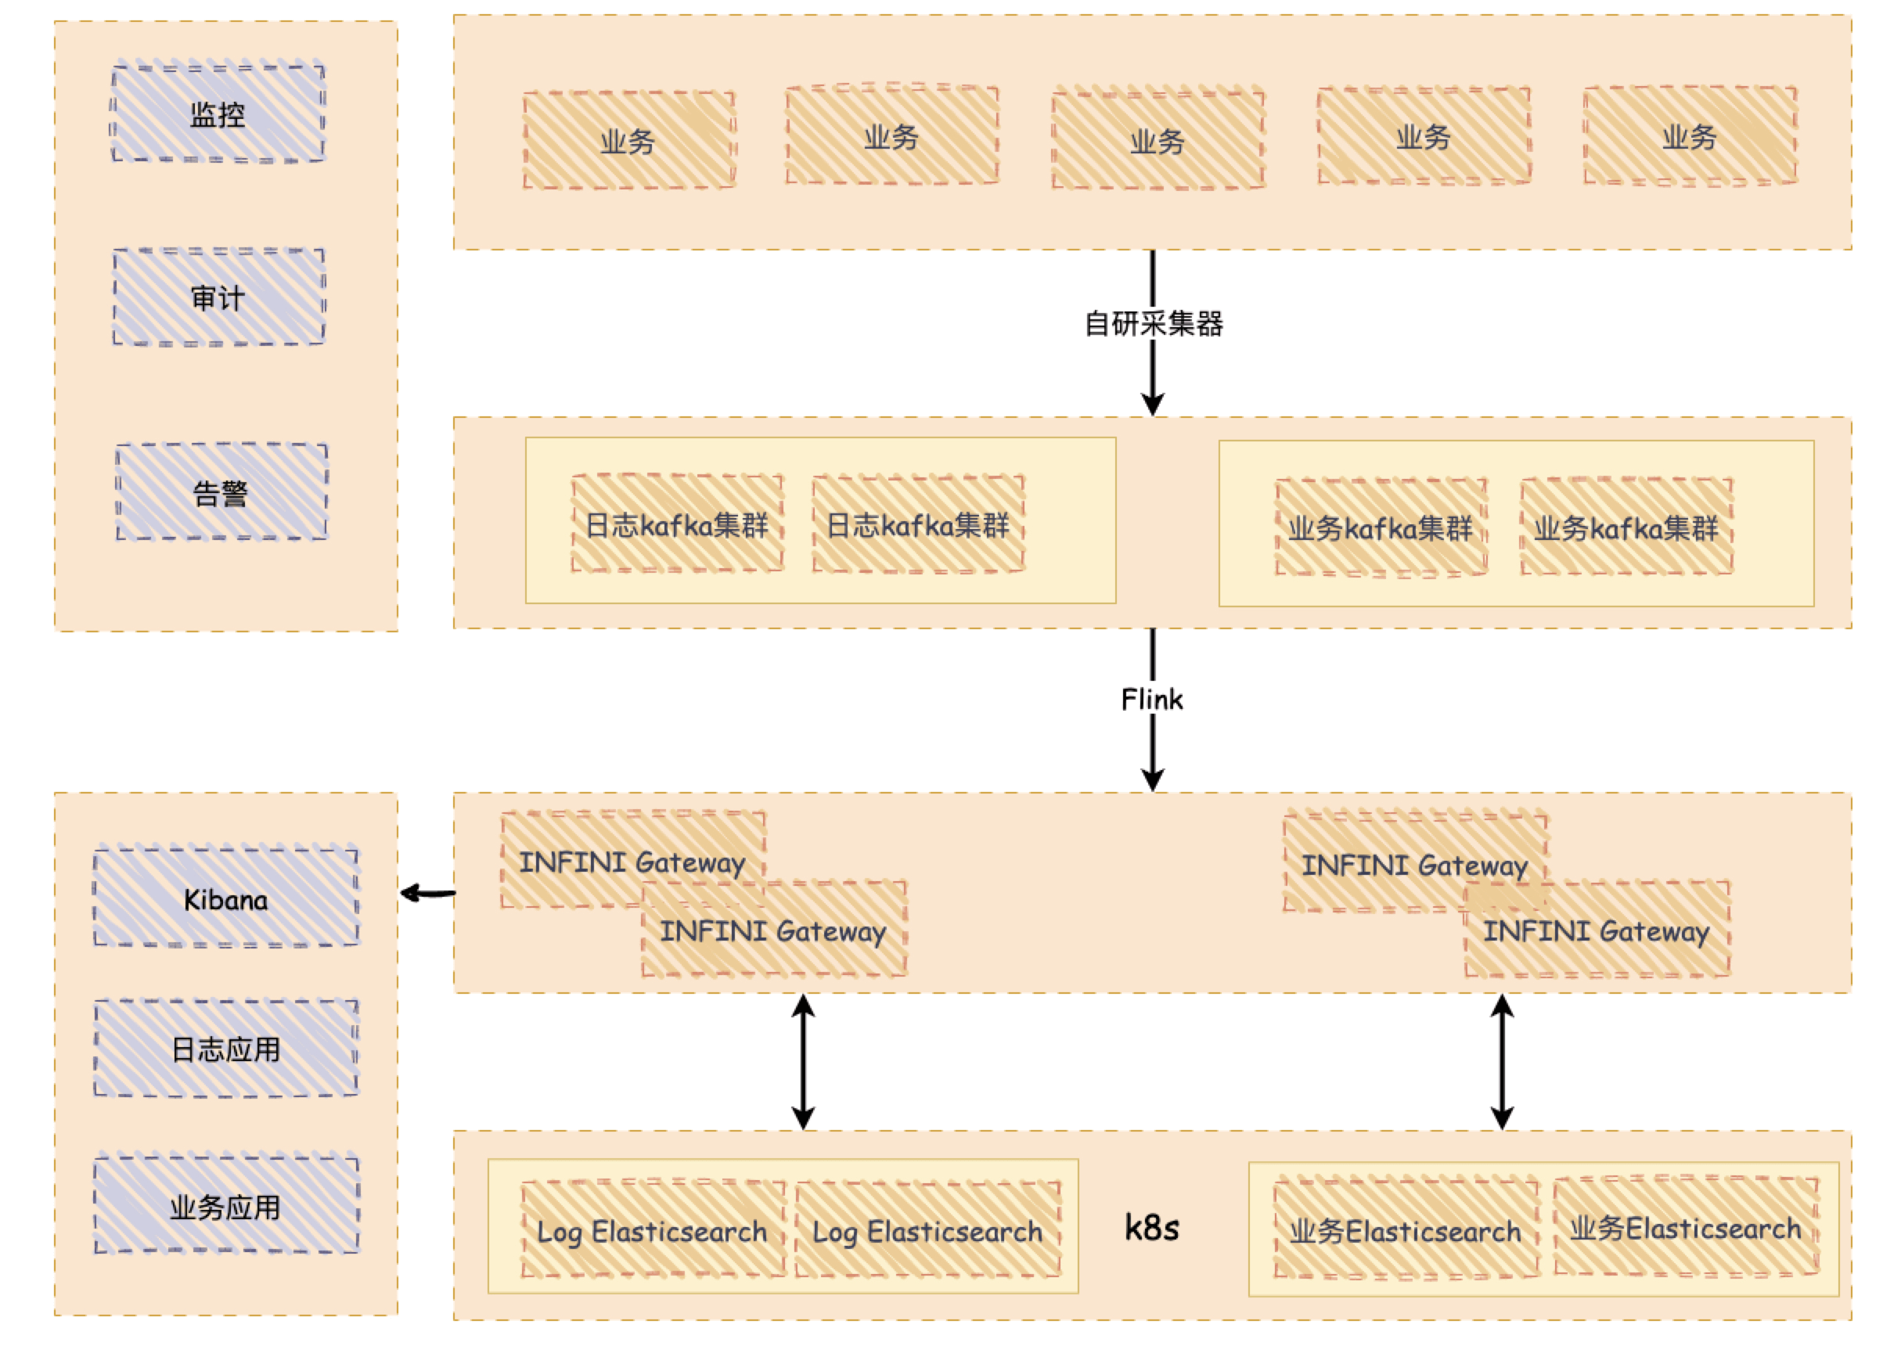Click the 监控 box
pyautogui.click(x=218, y=113)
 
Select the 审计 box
pyautogui.click(x=218, y=297)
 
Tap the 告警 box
pyautogui.click(x=221, y=492)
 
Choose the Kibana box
pyautogui.click(x=225, y=898)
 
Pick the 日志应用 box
pyautogui.click(x=225, y=1049)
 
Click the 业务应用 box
pyautogui.click(x=225, y=1207)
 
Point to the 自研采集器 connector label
pyautogui.click(x=1153, y=323)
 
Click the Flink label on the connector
pyautogui.click(x=1152, y=700)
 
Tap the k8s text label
pyautogui.click(x=1152, y=1228)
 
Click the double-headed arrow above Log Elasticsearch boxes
pyautogui.click(x=802, y=1062)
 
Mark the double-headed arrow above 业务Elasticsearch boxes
pyautogui.click(x=1502, y=1062)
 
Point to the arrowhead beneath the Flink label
pyautogui.click(x=1153, y=779)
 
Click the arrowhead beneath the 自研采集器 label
pyautogui.click(x=1153, y=404)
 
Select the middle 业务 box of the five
pyautogui.click(x=1158, y=140)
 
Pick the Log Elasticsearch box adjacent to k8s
pyautogui.click(x=927, y=1231)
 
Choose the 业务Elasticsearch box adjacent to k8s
pyautogui.click(x=1406, y=1231)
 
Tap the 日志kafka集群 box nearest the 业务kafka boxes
pyautogui.click(x=918, y=524)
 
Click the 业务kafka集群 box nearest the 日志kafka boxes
pyautogui.click(x=1381, y=528)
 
